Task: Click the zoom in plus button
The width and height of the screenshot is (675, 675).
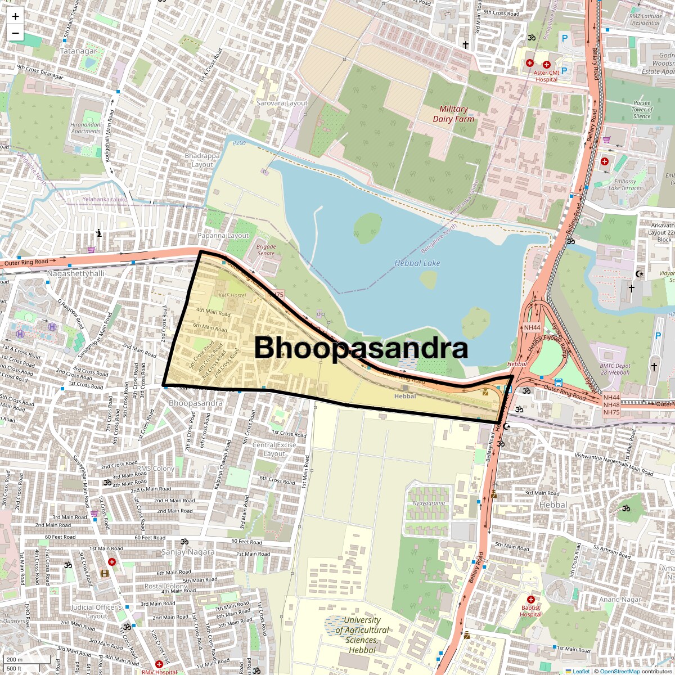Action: coord(15,16)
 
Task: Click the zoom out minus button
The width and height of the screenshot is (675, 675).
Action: coord(15,33)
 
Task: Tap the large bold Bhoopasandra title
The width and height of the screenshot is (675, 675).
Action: coord(361,348)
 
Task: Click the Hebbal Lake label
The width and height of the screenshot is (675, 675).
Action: coord(417,263)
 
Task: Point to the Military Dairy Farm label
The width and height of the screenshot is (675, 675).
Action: coord(453,114)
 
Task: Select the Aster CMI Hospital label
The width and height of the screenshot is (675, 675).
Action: coord(546,76)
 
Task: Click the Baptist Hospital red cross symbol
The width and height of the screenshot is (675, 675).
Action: coord(530,600)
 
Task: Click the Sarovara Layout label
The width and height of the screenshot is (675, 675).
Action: coord(282,103)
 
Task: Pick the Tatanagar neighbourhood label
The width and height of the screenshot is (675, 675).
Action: coord(78,51)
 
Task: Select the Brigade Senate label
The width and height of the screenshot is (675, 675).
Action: coord(266,250)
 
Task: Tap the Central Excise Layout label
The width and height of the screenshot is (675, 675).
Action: coord(274,449)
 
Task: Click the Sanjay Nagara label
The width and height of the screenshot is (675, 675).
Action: coord(188,552)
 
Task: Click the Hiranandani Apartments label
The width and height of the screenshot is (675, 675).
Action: coord(85,128)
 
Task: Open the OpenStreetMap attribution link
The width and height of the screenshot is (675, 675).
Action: coord(620,671)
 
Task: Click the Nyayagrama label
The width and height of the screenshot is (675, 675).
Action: coord(429,503)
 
